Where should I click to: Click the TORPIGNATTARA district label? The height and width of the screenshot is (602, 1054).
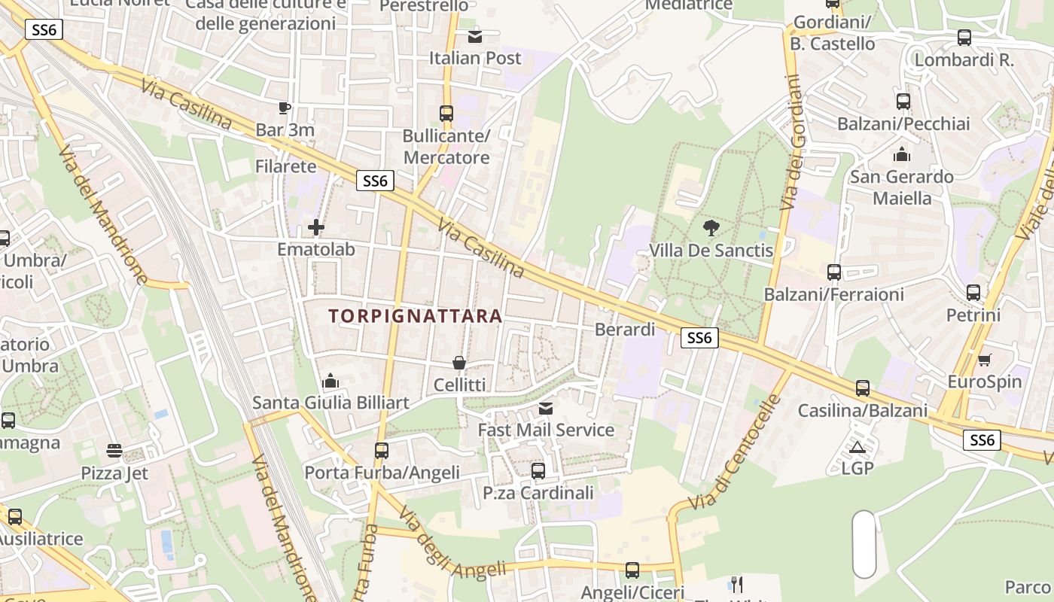pos(415,316)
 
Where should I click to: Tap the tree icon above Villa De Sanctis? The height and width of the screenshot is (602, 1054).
pos(711,227)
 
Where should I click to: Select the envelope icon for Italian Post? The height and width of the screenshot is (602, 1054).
pos(475,36)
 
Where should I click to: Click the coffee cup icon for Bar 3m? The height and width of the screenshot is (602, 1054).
pos(285,108)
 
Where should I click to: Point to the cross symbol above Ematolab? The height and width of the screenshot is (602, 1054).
pos(316,227)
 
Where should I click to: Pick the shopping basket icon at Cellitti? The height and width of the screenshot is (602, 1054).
pos(459,363)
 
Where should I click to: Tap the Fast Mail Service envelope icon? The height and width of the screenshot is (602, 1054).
pos(546,409)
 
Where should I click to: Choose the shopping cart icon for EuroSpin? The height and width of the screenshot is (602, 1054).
pos(984,360)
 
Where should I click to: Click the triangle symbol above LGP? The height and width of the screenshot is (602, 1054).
pos(857,448)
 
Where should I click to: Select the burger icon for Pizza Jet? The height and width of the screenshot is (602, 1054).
pos(114,451)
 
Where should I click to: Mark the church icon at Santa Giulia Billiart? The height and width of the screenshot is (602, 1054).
pos(331,382)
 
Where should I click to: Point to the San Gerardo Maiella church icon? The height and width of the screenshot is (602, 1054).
pos(901,155)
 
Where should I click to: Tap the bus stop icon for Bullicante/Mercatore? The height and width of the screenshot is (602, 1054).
pos(446,114)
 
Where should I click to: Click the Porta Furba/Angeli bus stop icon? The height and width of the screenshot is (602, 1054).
pos(382,451)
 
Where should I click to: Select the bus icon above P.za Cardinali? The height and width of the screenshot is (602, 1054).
pos(538,471)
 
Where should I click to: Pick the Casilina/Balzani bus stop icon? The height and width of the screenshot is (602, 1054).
pos(863,389)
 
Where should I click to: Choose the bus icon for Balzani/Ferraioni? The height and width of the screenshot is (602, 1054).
pos(834,272)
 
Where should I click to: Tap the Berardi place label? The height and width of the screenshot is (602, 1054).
pos(625,330)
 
